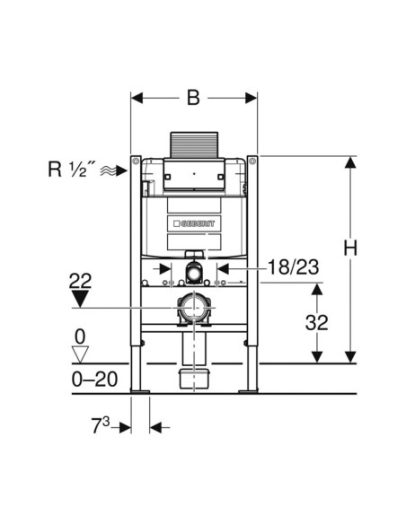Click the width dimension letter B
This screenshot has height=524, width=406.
[193, 98]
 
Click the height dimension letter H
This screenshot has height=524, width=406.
[350, 249]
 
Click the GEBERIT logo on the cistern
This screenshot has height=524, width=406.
[194, 223]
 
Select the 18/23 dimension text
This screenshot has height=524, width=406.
[294, 267]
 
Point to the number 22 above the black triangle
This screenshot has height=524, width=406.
[80, 281]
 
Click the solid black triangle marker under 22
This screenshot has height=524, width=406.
[80, 299]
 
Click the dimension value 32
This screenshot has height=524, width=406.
[317, 322]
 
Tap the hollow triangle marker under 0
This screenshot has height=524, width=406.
[80, 354]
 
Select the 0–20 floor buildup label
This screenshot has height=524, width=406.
[94, 380]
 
